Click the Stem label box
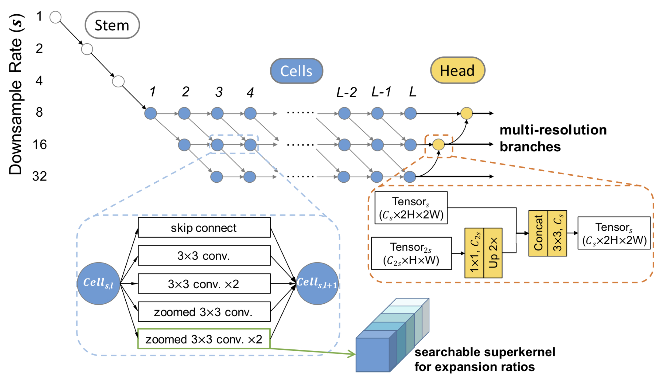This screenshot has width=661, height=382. [x=112, y=25]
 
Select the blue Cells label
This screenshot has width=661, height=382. [x=297, y=71]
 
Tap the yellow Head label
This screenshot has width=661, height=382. [x=457, y=70]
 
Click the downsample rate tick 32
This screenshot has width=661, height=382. [x=40, y=176]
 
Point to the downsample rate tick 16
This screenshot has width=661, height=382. [x=40, y=145]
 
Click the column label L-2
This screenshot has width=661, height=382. [x=346, y=92]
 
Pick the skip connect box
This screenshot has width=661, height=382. [x=204, y=228]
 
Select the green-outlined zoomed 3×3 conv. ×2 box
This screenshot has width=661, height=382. [x=204, y=339]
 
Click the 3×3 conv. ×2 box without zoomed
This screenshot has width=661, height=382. [x=204, y=283]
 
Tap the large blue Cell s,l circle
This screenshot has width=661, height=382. [x=99, y=283]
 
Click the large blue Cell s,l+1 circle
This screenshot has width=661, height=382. [x=317, y=283]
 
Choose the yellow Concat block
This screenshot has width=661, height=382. [x=538, y=233]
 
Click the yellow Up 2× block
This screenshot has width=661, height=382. [x=493, y=253]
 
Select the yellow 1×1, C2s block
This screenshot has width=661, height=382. [x=474, y=253]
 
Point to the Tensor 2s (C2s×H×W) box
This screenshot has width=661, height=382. [x=411, y=253]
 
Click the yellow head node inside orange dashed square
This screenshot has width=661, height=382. [x=439, y=145]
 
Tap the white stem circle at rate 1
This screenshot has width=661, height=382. [x=56, y=17]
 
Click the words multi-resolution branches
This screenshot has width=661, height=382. [x=553, y=138]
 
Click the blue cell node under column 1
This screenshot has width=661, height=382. [x=151, y=113]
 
